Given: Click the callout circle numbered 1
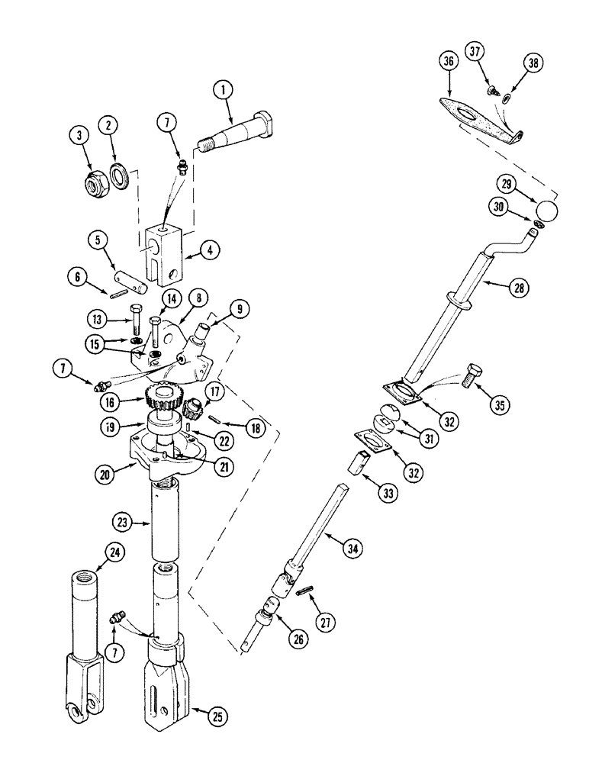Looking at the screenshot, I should pos(223,92).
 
